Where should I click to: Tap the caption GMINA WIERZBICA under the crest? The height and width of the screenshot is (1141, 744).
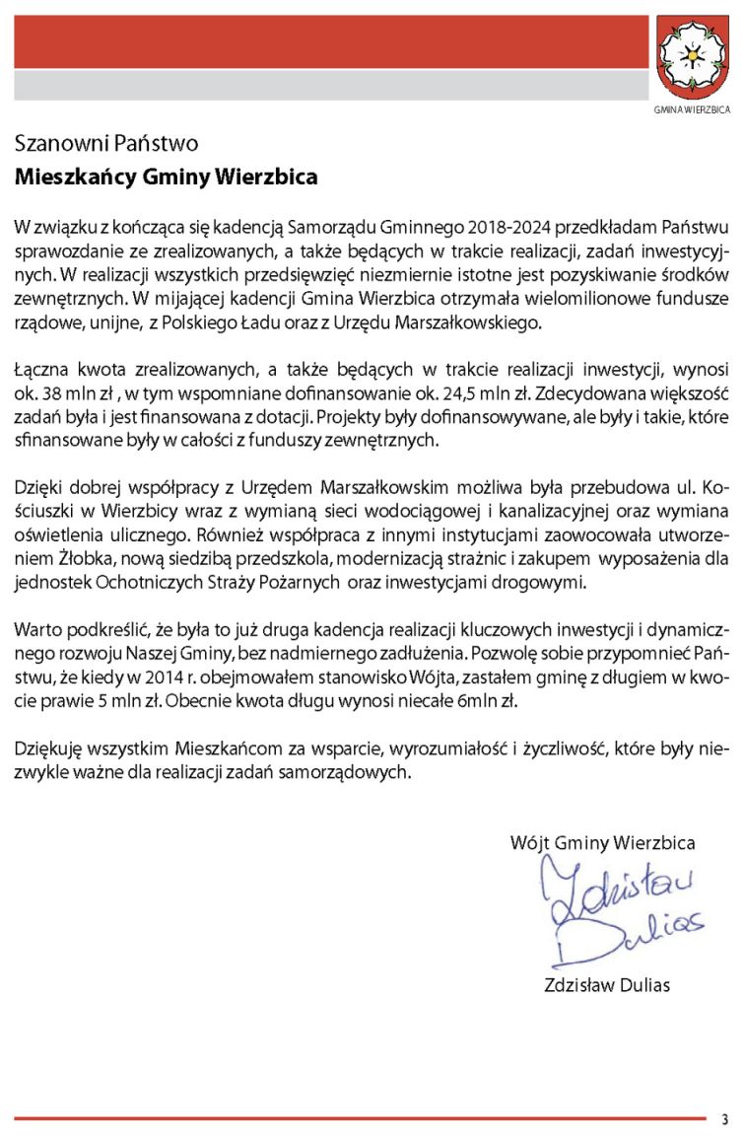[693, 108]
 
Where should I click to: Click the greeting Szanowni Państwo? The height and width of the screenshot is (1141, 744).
[106, 144]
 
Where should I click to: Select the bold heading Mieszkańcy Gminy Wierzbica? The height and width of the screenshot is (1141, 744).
[166, 178]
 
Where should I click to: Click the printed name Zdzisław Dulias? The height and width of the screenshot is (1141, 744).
[606, 984]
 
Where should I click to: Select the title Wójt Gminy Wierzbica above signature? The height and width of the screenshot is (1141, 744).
[602, 842]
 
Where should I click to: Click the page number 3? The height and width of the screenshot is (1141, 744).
[723, 1119]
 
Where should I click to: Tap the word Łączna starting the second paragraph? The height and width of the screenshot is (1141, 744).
[41, 370]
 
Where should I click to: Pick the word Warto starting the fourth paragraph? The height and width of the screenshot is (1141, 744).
[34, 629]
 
